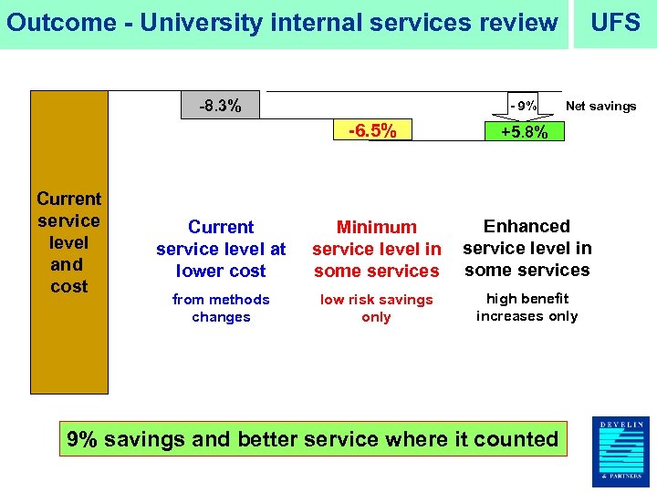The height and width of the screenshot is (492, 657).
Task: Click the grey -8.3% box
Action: pyautogui.click(x=221, y=106)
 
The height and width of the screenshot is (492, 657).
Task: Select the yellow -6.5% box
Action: pyautogui.click(x=372, y=131)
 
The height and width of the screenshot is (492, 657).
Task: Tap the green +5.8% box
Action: pyautogui.click(x=524, y=132)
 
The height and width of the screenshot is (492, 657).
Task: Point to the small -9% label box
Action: pyautogui.click(x=524, y=106)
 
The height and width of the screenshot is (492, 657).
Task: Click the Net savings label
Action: pyautogui.click(x=600, y=107)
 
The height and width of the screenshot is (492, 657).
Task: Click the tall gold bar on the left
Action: pyautogui.click(x=69, y=242)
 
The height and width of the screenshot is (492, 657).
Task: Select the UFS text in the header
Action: pyautogui.click(x=615, y=23)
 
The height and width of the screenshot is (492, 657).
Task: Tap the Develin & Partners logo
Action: pyautogui.click(x=620, y=451)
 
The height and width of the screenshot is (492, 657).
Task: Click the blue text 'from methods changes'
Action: pyautogui.click(x=221, y=308)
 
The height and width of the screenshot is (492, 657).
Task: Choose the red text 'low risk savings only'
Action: pyautogui.click(x=376, y=308)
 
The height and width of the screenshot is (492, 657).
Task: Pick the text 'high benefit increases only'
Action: pyautogui.click(x=527, y=307)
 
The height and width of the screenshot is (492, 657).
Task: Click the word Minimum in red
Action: pyautogui.click(x=376, y=227)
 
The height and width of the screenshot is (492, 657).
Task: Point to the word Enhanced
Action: pyautogui.click(x=527, y=226)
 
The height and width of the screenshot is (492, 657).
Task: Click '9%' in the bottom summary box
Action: pyautogui.click(x=82, y=439)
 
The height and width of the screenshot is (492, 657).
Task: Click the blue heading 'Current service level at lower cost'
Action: pyautogui.click(x=221, y=249)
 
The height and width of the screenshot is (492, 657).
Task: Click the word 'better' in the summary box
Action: pyautogui.click(x=272, y=439)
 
